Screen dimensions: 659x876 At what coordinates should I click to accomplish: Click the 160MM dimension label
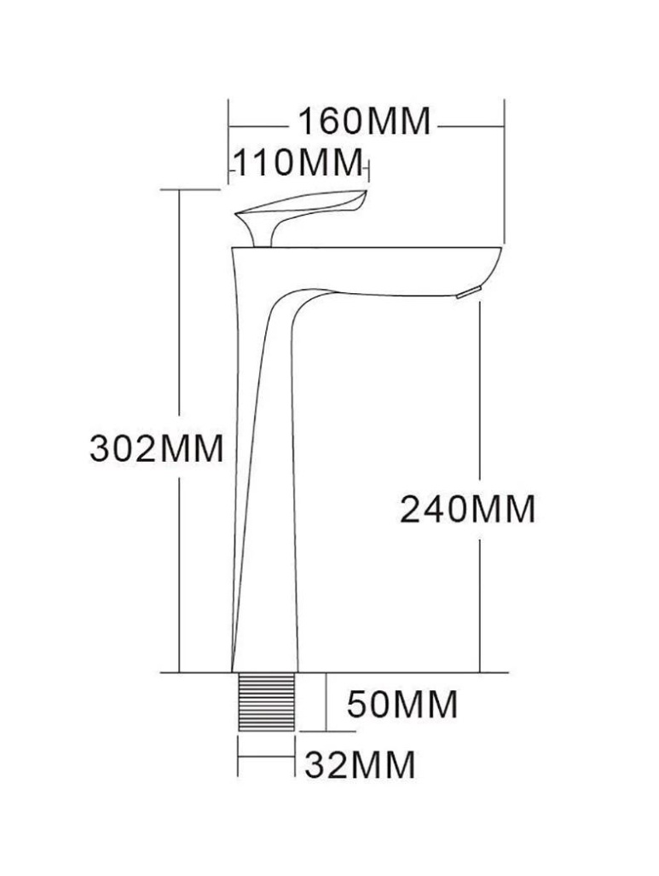364,121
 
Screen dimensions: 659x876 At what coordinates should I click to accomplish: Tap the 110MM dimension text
298,163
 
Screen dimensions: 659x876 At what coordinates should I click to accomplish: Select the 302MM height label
157,448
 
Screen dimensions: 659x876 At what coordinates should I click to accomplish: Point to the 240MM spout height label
467,509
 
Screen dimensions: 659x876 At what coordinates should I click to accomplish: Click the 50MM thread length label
402,704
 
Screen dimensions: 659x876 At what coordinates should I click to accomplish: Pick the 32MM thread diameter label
360,764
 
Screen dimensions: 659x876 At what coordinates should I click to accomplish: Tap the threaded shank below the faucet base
266,701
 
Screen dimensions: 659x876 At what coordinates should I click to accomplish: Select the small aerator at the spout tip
468,292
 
